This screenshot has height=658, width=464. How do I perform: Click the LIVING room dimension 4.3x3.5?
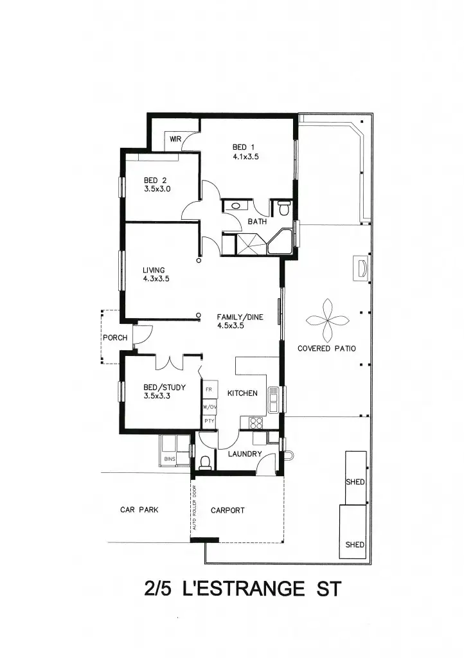156,279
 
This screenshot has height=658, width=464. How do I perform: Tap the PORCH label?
115,337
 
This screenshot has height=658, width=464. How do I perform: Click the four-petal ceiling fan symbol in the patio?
326,319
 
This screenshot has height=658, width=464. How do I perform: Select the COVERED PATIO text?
326,348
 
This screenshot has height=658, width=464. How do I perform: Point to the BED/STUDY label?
165,387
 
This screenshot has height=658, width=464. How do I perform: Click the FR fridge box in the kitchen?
209,390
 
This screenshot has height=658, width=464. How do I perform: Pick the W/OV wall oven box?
209,407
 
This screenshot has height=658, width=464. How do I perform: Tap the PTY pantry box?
209,421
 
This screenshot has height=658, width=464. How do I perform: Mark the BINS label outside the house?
170,459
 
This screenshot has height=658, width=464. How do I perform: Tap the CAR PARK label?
139,510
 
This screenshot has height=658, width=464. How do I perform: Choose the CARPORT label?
228,510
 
